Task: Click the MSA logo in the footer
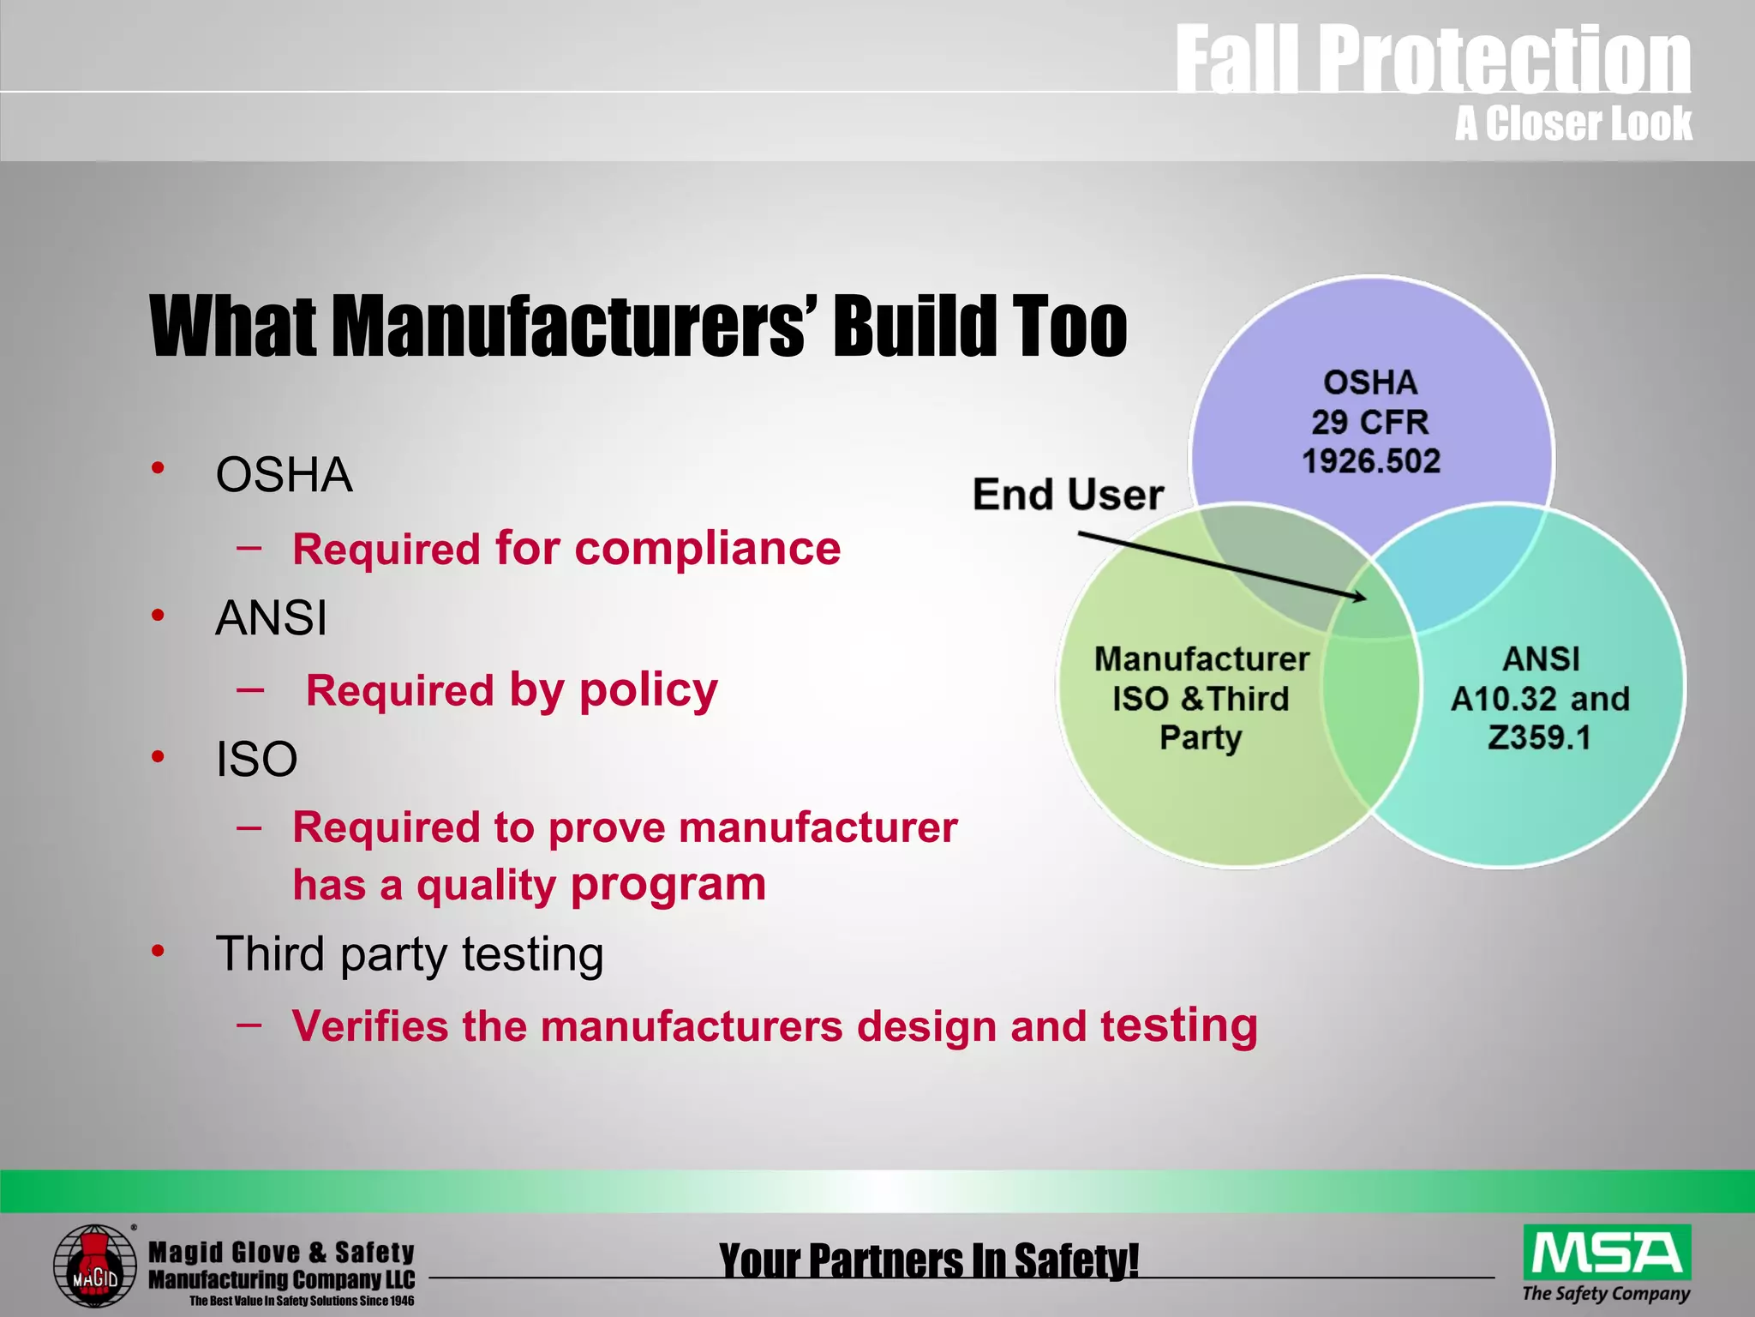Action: (x=1607, y=1253)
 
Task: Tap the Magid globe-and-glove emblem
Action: (x=94, y=1266)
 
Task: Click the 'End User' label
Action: (x=1068, y=495)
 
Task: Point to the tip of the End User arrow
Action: (x=1365, y=598)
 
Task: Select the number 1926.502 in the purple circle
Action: (x=1371, y=461)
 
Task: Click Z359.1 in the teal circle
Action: (x=1539, y=737)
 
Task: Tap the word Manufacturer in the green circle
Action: (x=1201, y=659)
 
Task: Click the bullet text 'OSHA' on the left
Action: (x=284, y=474)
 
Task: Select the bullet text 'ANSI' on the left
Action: (x=271, y=617)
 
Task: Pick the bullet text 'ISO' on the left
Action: (x=256, y=759)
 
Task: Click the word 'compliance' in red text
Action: (x=708, y=548)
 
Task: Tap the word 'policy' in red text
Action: (x=648, y=689)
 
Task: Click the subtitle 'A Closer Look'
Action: (x=1572, y=123)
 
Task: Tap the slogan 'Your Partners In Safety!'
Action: (x=929, y=1260)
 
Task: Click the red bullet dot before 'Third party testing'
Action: (x=158, y=951)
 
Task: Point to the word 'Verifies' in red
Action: (x=369, y=1025)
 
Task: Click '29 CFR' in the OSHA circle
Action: (x=1369, y=422)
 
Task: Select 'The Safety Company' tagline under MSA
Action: (x=1606, y=1293)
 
